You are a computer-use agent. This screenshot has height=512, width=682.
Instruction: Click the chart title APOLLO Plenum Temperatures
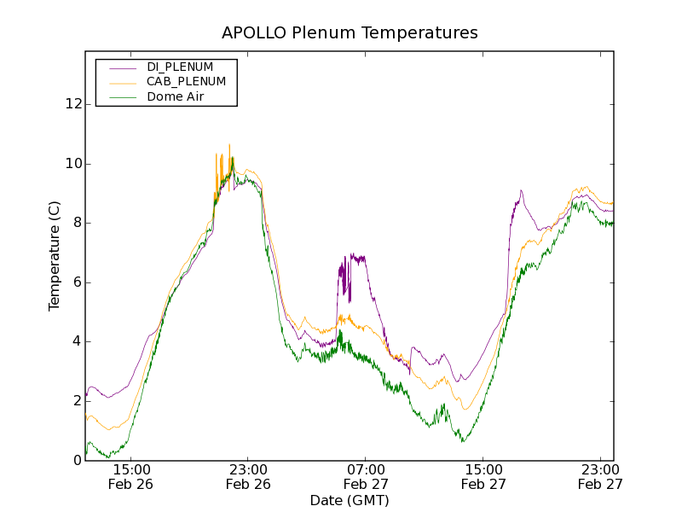[350, 33]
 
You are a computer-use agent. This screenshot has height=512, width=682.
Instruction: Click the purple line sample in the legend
[119, 67]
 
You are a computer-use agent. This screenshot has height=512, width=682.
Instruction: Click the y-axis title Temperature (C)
[55, 256]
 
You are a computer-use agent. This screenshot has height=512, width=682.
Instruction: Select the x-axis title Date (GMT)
[350, 500]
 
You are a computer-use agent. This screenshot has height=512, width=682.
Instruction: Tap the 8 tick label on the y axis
[77, 223]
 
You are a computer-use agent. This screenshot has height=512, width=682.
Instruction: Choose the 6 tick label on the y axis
[77, 282]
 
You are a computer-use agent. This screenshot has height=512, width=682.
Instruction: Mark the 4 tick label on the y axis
[77, 341]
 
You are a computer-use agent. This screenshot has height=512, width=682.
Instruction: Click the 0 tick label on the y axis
[77, 461]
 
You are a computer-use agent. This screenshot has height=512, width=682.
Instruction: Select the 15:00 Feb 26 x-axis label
[131, 476]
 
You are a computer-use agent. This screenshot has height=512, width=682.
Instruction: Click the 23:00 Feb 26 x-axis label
[249, 476]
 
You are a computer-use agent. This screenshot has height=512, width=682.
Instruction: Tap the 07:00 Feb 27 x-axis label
[367, 476]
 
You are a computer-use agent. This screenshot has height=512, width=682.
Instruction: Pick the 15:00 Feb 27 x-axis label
[484, 476]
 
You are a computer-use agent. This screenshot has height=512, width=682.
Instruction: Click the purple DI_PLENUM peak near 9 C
[521, 191]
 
